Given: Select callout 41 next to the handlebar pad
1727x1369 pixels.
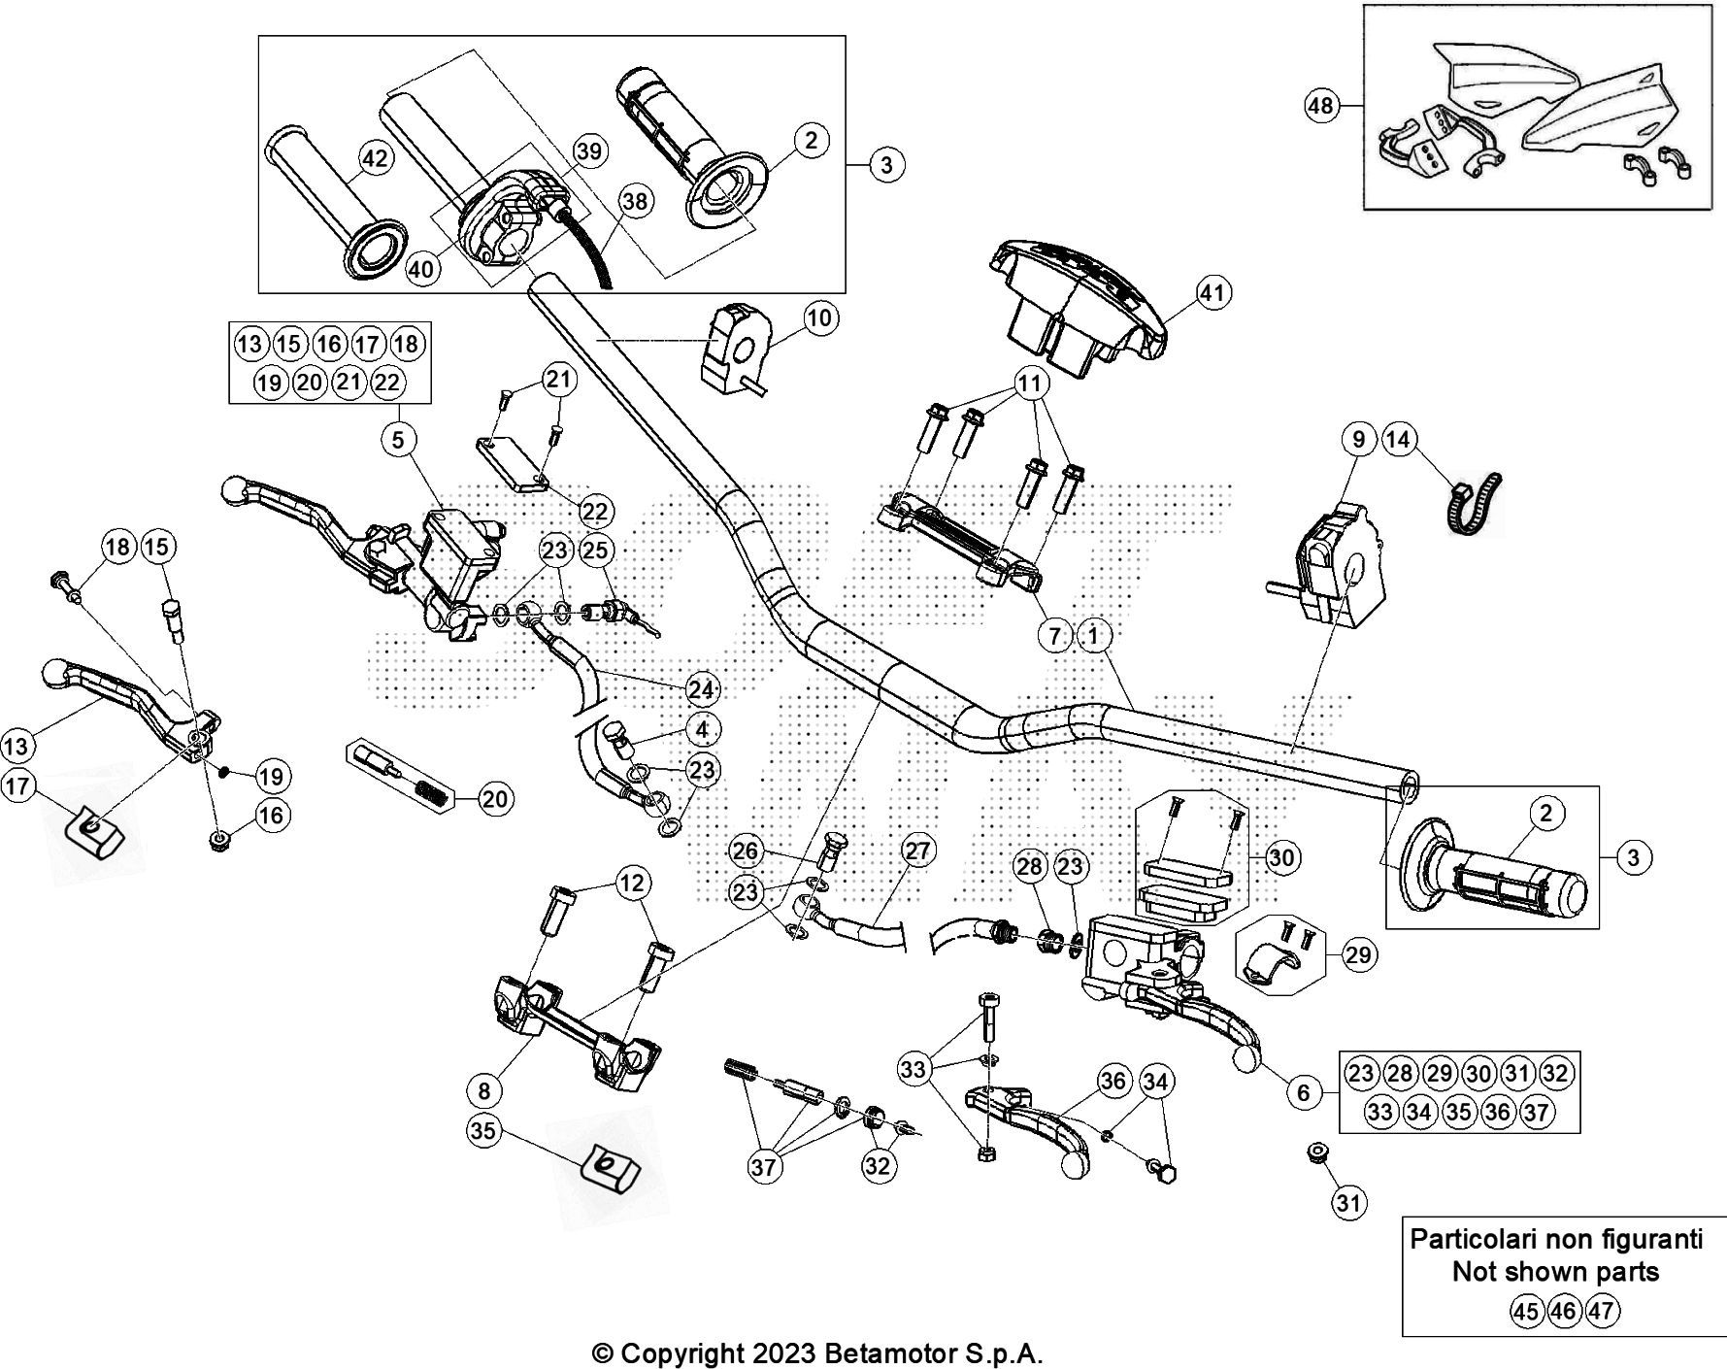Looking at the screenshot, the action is tap(1213, 292).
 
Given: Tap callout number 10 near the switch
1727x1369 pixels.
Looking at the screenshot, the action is tap(820, 317).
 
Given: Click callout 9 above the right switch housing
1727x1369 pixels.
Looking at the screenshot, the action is tap(1358, 439).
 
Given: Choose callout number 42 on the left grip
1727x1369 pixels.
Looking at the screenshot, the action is tap(375, 157).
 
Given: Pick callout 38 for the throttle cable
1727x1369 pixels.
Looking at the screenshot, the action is tap(635, 201).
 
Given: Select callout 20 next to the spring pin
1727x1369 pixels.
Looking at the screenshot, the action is tap(494, 799).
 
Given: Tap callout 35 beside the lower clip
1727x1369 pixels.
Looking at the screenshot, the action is tap(482, 1130).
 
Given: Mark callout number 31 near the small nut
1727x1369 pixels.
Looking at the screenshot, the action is tap(1347, 1204).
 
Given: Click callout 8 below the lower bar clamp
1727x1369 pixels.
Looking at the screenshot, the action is tap(484, 1090).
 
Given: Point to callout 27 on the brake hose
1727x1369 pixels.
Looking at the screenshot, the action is tap(917, 851).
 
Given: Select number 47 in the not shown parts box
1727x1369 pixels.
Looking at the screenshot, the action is tap(1602, 1312).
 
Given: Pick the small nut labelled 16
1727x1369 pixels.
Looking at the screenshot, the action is tap(218, 840).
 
